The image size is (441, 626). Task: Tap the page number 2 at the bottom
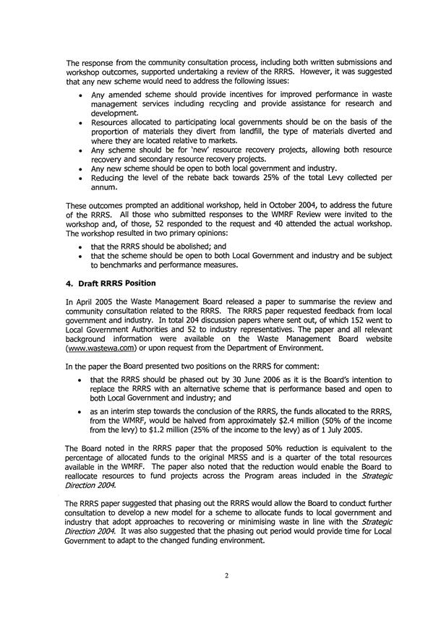(220, 593)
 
